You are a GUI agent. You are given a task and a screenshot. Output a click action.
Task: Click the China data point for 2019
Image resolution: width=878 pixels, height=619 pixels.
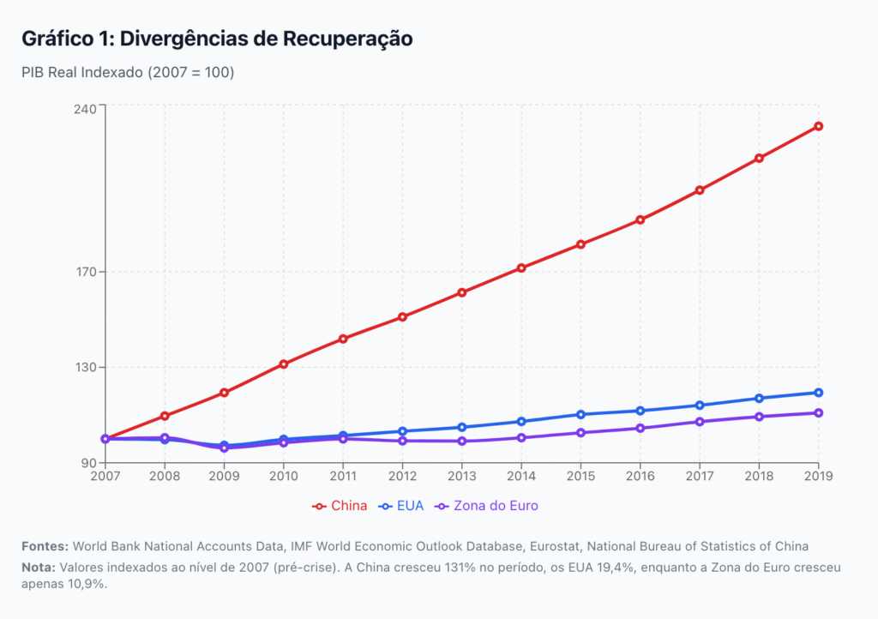pyautogui.click(x=819, y=126)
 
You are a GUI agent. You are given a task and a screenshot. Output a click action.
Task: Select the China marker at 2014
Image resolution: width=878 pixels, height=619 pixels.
pyautogui.click(x=521, y=267)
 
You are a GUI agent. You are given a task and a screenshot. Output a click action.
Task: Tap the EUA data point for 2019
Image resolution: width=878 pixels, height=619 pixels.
pyautogui.click(x=819, y=393)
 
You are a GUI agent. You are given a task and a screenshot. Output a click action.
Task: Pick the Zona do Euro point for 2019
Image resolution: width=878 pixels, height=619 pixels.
pyautogui.click(x=819, y=413)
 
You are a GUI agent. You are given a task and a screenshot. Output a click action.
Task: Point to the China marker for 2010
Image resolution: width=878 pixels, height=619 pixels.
pyautogui.click(x=284, y=364)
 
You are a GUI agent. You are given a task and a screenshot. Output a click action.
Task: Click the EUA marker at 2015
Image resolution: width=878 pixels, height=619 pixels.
pyautogui.click(x=581, y=414)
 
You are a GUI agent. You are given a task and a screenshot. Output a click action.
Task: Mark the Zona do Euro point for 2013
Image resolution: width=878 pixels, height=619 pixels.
pyautogui.click(x=462, y=441)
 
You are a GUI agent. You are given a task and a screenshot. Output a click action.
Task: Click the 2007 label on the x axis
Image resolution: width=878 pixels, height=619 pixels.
pyautogui.click(x=105, y=476)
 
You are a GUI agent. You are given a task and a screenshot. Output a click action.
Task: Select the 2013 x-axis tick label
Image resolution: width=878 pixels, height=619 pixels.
pyautogui.click(x=462, y=476)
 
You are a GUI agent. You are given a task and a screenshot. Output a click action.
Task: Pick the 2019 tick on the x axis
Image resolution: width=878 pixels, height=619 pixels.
pyautogui.click(x=819, y=476)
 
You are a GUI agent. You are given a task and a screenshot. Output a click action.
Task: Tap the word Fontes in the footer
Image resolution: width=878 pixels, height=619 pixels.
pyautogui.click(x=45, y=546)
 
